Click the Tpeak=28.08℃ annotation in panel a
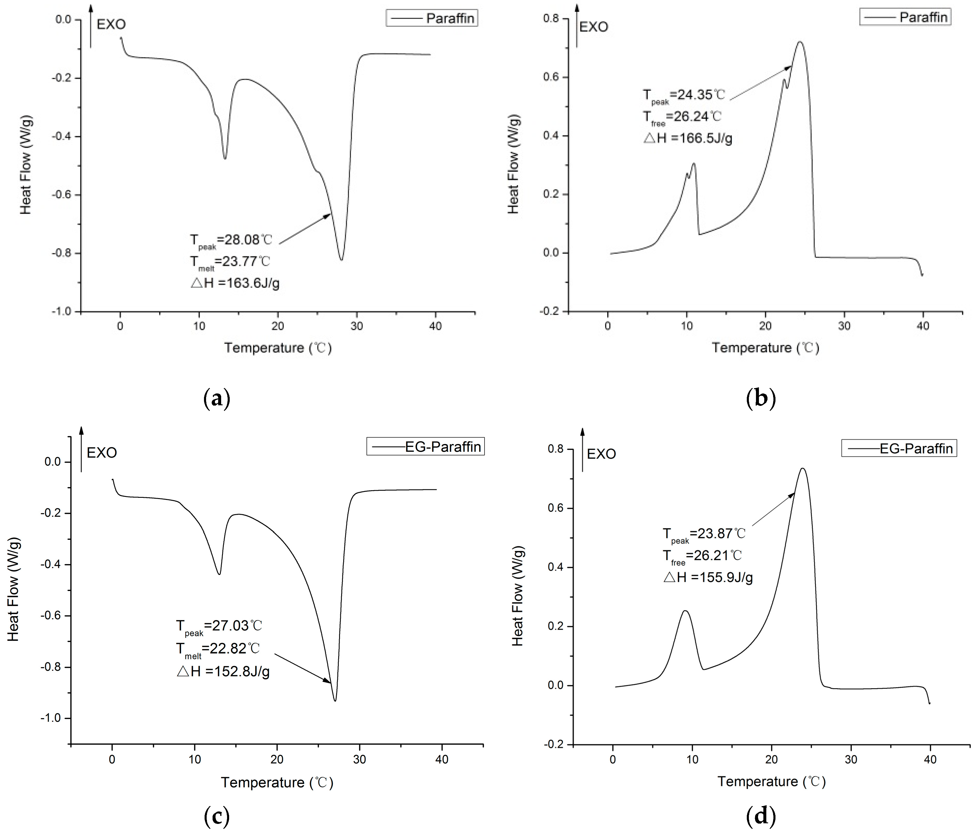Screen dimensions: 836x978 (231, 240)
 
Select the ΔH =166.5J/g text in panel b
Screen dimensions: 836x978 (688, 138)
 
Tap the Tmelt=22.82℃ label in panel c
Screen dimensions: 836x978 (218, 649)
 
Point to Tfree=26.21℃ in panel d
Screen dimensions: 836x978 (702, 556)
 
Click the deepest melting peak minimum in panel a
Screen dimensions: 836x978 (341, 260)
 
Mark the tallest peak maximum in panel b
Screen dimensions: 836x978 (800, 42)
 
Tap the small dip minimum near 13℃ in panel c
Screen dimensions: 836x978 (219, 574)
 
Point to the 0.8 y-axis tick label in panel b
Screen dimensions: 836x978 (550, 19)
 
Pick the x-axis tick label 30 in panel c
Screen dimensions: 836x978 (360, 759)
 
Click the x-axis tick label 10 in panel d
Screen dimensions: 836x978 (692, 759)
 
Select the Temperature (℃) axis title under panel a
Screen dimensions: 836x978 (278, 348)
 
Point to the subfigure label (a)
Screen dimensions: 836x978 (217, 399)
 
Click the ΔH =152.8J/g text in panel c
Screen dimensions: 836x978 (223, 671)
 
